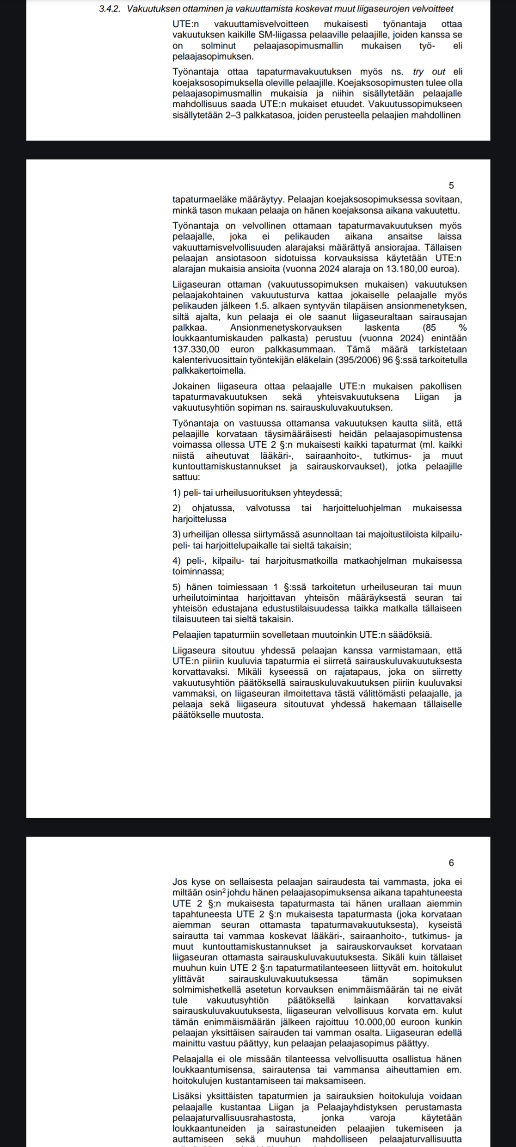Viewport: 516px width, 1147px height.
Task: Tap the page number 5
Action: [x=451, y=185]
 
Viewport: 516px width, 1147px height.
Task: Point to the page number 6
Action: [x=451, y=863]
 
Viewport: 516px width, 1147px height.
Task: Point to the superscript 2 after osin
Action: [x=224, y=890]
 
